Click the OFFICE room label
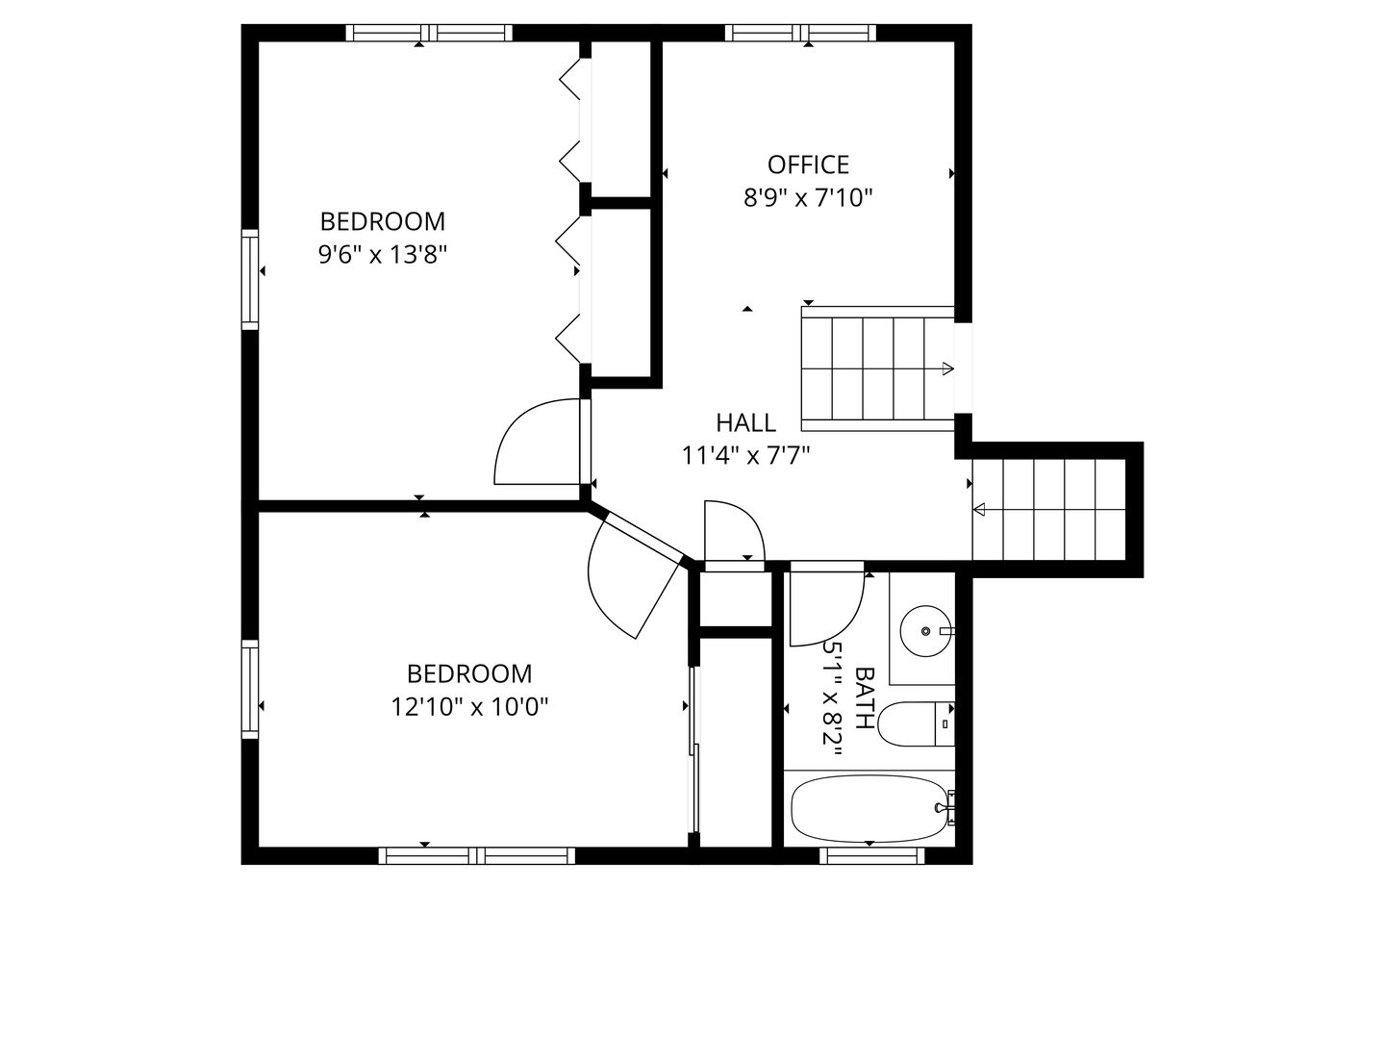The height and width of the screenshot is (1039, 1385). coord(808,165)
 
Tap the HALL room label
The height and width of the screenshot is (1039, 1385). coord(745,422)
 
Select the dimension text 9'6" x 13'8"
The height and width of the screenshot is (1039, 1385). coord(383,255)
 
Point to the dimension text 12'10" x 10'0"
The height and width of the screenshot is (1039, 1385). coord(469,707)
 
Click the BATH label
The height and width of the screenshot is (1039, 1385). coord(865,698)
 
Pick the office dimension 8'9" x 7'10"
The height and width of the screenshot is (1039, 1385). coord(808,198)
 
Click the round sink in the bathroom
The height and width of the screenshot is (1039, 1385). coord(925,631)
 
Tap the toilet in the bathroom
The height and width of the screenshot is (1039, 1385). coord(914,724)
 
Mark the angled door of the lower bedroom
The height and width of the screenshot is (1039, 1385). coord(630,577)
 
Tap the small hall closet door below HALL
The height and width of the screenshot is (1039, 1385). coord(733,534)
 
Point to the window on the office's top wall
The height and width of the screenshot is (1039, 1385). coord(800,33)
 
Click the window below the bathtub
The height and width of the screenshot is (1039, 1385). coord(871,855)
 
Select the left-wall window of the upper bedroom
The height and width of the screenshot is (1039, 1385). coord(250,279)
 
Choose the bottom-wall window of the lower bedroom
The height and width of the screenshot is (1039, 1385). coord(476,855)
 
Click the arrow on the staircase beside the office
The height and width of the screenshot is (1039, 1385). coord(947,368)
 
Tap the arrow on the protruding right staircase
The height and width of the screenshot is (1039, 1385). coord(980,510)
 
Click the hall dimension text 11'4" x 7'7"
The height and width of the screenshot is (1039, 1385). coord(745,456)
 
